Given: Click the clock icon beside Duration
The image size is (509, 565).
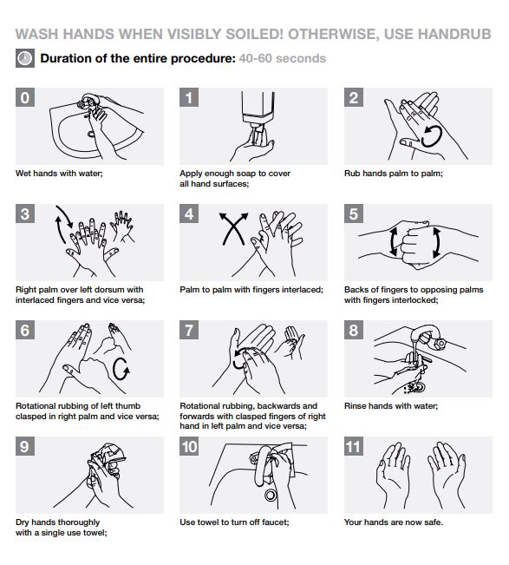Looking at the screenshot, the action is coord(25,58).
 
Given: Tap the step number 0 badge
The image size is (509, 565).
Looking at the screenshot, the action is coord(25,97).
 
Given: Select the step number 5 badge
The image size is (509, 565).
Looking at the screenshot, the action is coord(354,214).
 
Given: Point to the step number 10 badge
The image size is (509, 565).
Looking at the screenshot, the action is coord(189,446).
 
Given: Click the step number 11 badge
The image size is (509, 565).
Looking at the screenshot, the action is coord(354,446).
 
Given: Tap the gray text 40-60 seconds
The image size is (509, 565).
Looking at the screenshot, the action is coord(283,58).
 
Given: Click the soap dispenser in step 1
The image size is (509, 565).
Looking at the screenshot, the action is coord(258,116).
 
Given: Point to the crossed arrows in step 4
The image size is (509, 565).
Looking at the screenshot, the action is coord(234,228).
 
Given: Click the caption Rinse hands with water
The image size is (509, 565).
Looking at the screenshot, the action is coord(391,406).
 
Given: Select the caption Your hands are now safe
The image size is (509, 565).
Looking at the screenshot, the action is coord(394,522).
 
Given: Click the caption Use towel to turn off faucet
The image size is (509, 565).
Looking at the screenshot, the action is coord(234,522).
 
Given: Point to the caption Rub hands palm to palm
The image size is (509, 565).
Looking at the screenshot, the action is coord(394,174).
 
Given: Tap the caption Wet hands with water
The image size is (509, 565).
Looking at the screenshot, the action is coord(59,174).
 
